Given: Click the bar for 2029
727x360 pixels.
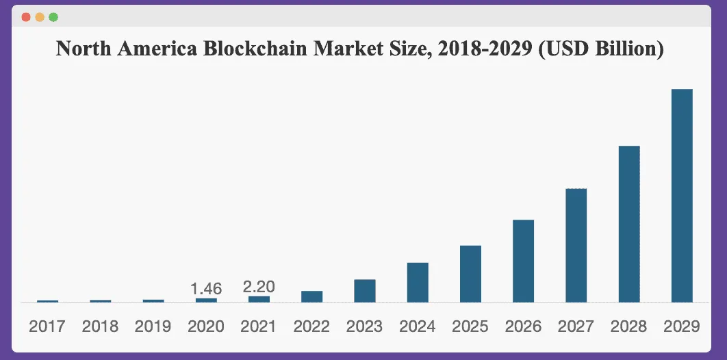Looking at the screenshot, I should point(682,196).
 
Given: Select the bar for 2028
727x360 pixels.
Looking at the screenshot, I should point(629,224).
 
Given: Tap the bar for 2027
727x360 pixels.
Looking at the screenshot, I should point(576,245).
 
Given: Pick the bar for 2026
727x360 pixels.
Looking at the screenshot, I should point(523,261).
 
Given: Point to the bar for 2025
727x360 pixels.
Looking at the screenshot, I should point(470,274).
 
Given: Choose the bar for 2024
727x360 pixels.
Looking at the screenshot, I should point(418,282).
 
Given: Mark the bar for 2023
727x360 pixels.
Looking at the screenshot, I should point(365,291).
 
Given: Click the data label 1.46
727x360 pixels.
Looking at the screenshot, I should point(206,289).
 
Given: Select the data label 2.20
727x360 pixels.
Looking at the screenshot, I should point(259,287).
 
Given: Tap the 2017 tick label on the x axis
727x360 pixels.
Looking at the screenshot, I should point(47,326).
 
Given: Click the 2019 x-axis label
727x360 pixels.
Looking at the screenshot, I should point(153,326).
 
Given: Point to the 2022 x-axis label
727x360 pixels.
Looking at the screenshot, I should point(311,326).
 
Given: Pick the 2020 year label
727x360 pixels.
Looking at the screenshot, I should point(206,326).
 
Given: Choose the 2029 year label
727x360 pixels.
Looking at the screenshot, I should point(682,326).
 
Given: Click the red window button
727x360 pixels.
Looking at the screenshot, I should point(26,16).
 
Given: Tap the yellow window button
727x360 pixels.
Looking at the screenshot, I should point(40,16).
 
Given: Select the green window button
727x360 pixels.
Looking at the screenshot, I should point(53,16).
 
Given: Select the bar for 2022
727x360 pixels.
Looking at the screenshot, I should point(311,296).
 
